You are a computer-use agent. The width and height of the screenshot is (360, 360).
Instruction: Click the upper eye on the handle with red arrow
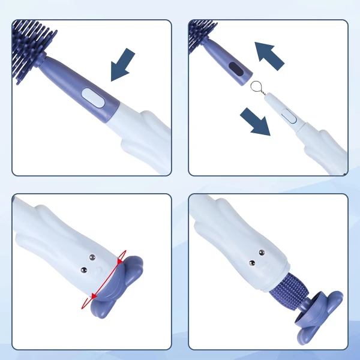click(92, 257)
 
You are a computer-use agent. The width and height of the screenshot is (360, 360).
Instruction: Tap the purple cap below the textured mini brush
click(320, 312)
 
